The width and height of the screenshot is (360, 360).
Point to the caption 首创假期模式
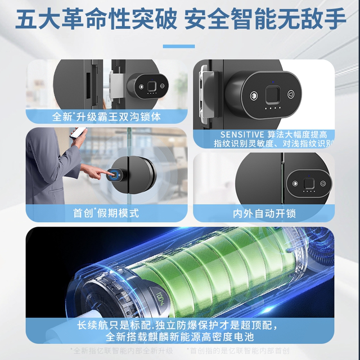(x=106, y=213)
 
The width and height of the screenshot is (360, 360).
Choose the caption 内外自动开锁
(x=264, y=214)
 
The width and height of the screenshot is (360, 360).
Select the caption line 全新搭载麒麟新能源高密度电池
(x=181, y=337)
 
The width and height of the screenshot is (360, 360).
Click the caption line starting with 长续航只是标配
(x=181, y=325)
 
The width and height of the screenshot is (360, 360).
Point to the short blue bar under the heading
(x=180, y=47)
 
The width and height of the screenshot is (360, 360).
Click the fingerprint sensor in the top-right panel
(x=272, y=92)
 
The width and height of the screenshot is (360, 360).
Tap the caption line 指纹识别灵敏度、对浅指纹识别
(x=264, y=145)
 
